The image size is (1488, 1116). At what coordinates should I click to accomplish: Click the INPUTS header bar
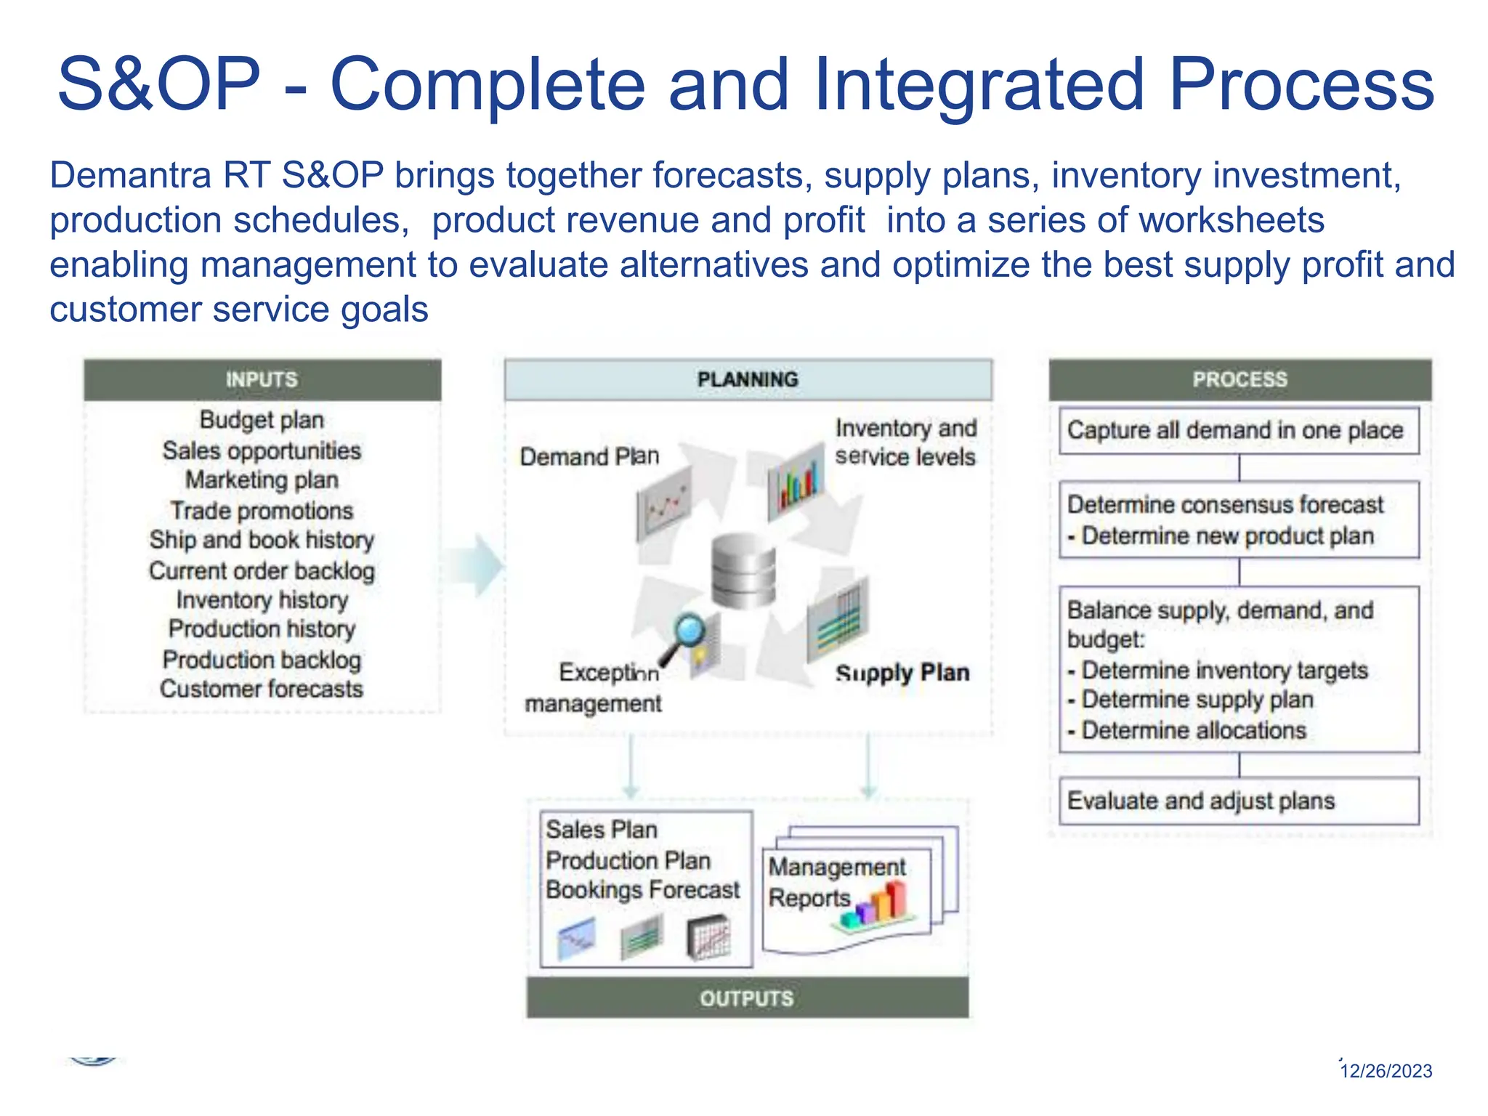pos(262,379)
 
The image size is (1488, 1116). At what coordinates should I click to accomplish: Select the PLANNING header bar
pos(748,379)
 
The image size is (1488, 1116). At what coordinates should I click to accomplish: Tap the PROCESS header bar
pos(1240,379)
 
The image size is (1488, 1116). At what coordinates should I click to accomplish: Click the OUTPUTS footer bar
pos(747,998)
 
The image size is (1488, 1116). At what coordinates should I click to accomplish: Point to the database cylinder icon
pos(743,571)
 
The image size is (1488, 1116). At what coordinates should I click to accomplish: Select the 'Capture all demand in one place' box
pos(1238,431)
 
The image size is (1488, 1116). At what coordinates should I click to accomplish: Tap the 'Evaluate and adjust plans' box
pos(1238,801)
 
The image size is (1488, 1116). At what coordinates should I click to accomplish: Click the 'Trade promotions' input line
pos(262,511)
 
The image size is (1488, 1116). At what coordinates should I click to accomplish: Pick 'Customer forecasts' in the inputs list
pos(262,689)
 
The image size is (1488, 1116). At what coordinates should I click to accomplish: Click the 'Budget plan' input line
pos(262,420)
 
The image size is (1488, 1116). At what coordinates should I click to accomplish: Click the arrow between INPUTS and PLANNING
pos(476,565)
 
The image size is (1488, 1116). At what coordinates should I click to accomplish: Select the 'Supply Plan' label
pos(902,673)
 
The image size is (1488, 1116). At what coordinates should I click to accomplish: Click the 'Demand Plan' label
pos(589,457)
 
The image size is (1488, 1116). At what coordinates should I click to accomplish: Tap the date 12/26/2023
pos(1386,1071)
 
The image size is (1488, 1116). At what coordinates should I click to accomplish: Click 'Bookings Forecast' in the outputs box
pos(642,890)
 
